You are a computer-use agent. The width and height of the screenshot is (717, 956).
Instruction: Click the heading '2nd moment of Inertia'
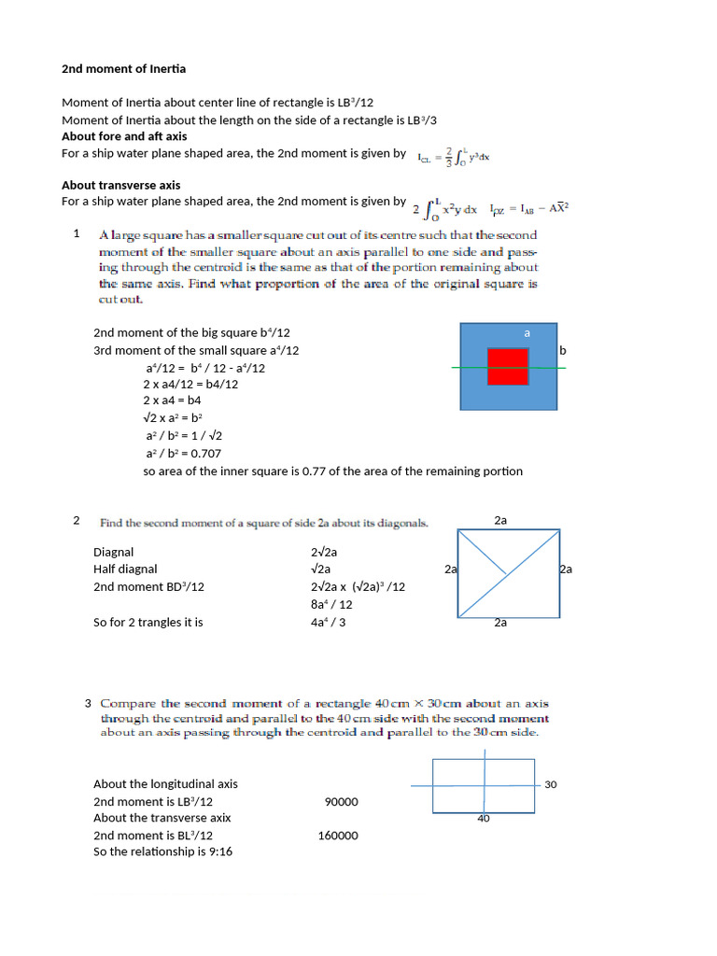click(x=123, y=69)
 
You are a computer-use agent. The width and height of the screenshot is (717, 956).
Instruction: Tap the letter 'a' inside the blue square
click(x=527, y=332)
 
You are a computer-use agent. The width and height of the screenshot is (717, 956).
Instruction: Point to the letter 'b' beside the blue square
click(x=562, y=351)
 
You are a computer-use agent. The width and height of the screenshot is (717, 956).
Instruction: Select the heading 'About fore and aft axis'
click(x=124, y=136)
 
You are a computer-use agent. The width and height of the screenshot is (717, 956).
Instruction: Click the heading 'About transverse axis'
click(x=121, y=185)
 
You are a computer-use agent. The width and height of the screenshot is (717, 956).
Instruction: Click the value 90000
click(x=341, y=802)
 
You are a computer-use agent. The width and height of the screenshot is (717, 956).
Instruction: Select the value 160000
click(x=338, y=836)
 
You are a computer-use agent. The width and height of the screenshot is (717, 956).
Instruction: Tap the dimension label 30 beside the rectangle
click(x=550, y=784)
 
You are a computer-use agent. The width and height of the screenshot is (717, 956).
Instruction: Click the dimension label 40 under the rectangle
click(x=484, y=818)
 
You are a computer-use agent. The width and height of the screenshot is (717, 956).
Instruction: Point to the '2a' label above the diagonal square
click(x=500, y=520)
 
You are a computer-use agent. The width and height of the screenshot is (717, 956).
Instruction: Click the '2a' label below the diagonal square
click(x=500, y=622)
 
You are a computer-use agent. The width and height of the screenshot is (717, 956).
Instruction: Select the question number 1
click(x=77, y=233)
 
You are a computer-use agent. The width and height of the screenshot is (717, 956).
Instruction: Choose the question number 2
click(x=77, y=520)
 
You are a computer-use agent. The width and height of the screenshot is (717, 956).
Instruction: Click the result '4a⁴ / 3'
click(x=329, y=622)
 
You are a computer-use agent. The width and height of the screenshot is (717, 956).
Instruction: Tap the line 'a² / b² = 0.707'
click(x=183, y=454)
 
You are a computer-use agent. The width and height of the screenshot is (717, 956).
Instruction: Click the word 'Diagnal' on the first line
click(x=114, y=552)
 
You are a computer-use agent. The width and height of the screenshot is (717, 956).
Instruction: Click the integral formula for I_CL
click(x=454, y=157)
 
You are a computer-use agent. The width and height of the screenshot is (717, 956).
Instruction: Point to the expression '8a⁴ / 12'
click(x=331, y=604)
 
